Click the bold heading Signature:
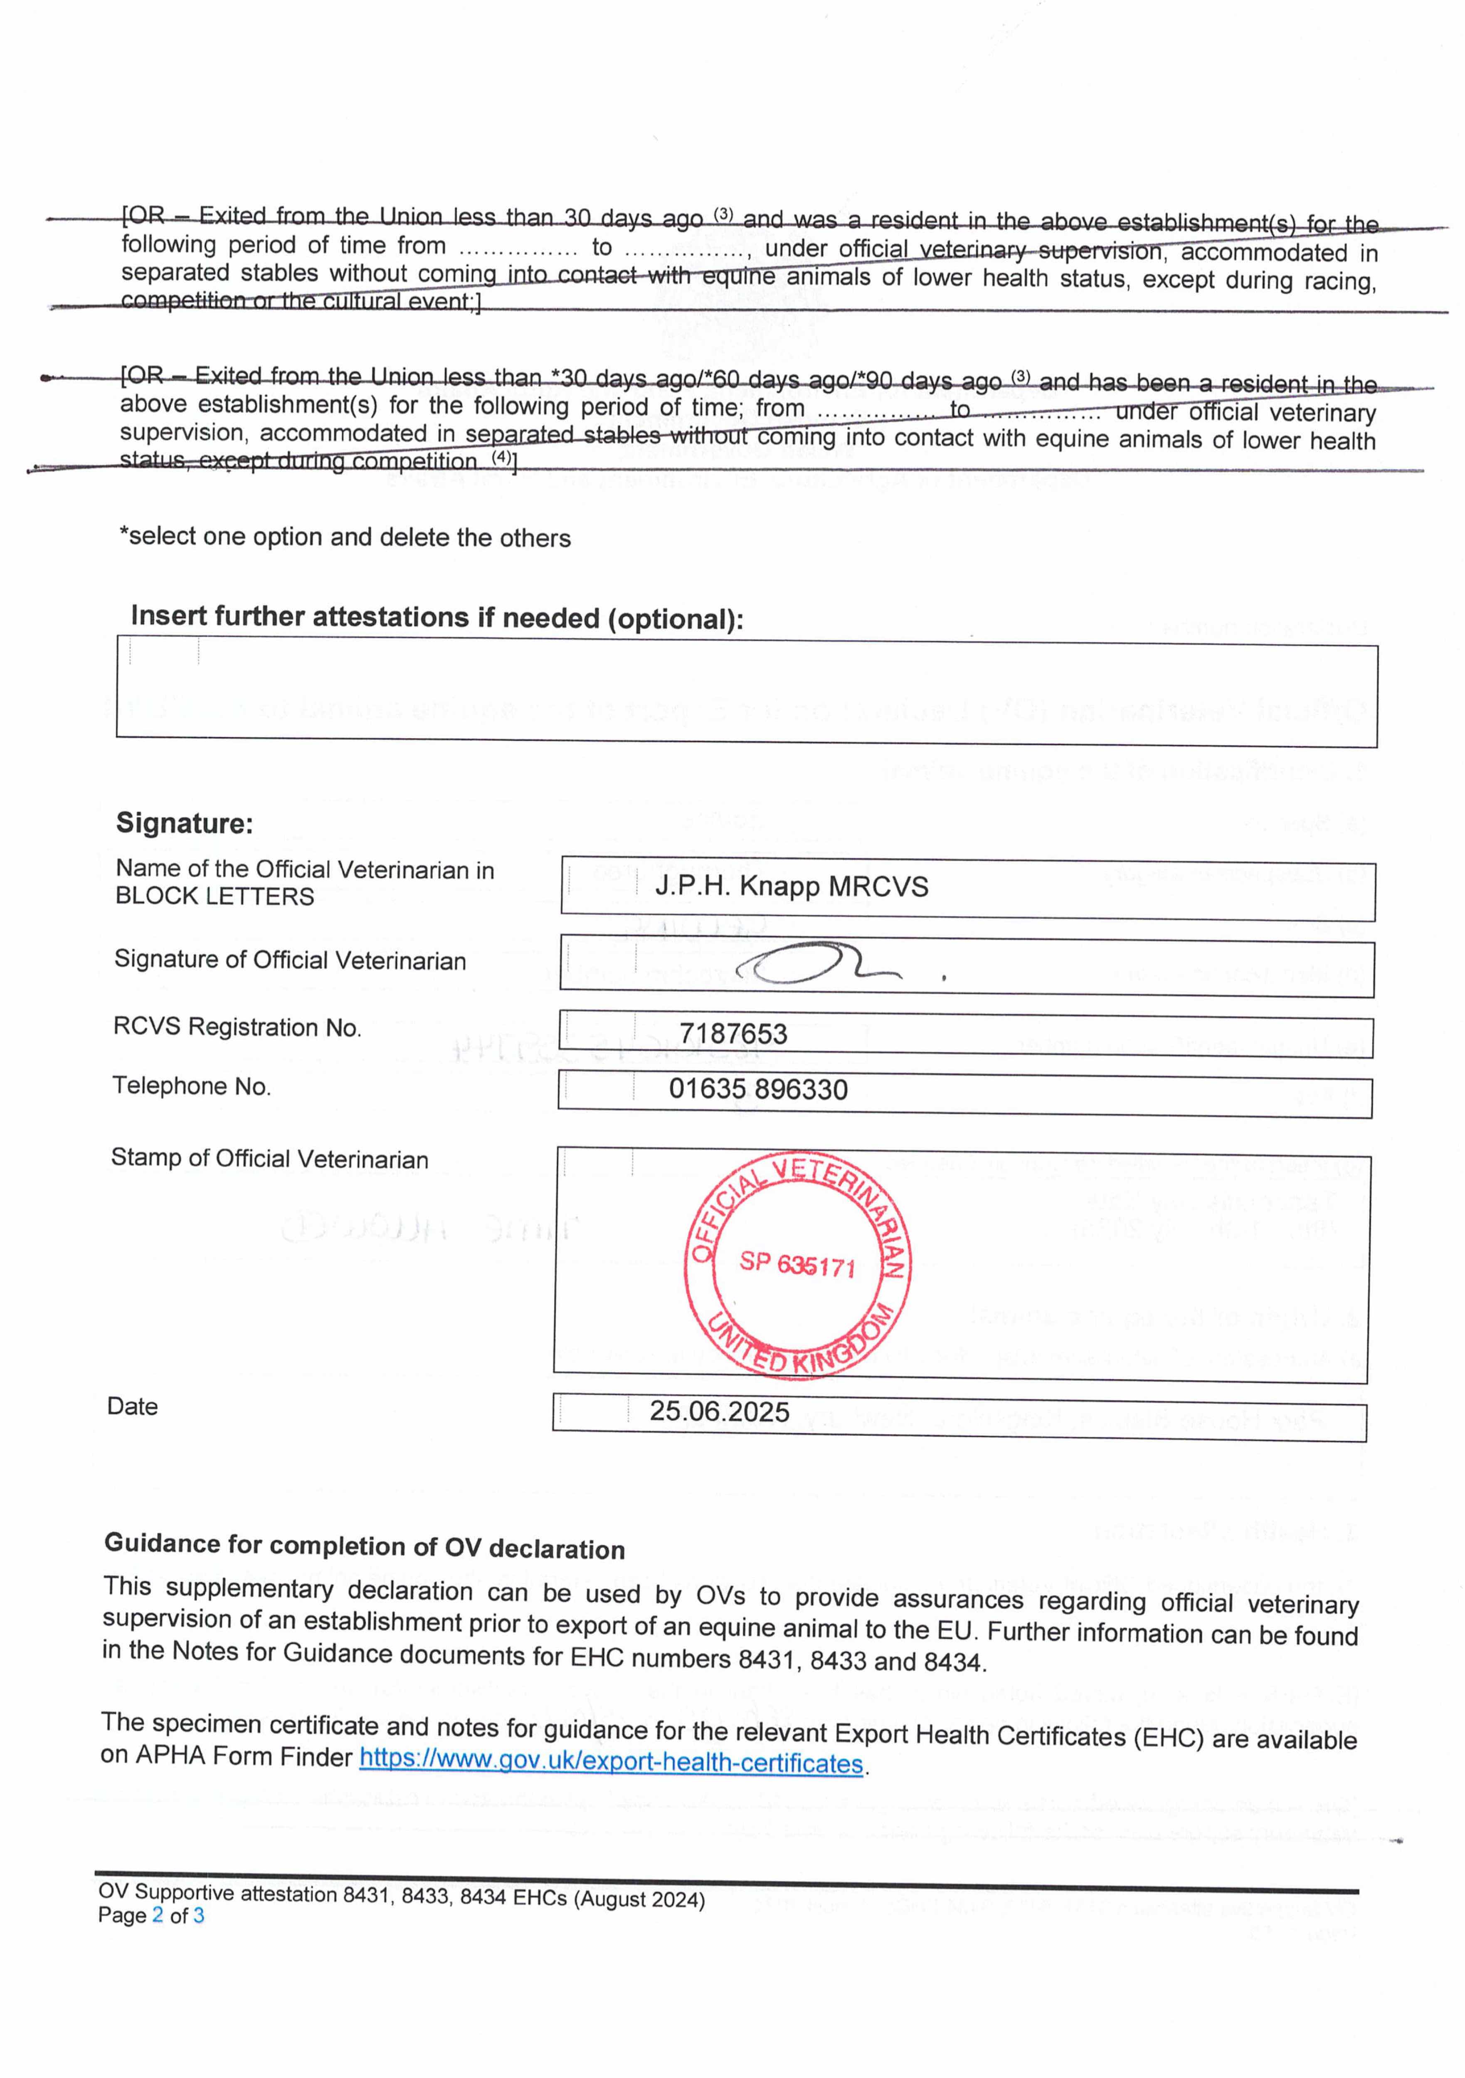(184, 823)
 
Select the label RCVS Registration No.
(237, 1027)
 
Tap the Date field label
(132, 1406)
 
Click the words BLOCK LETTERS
(215, 896)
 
